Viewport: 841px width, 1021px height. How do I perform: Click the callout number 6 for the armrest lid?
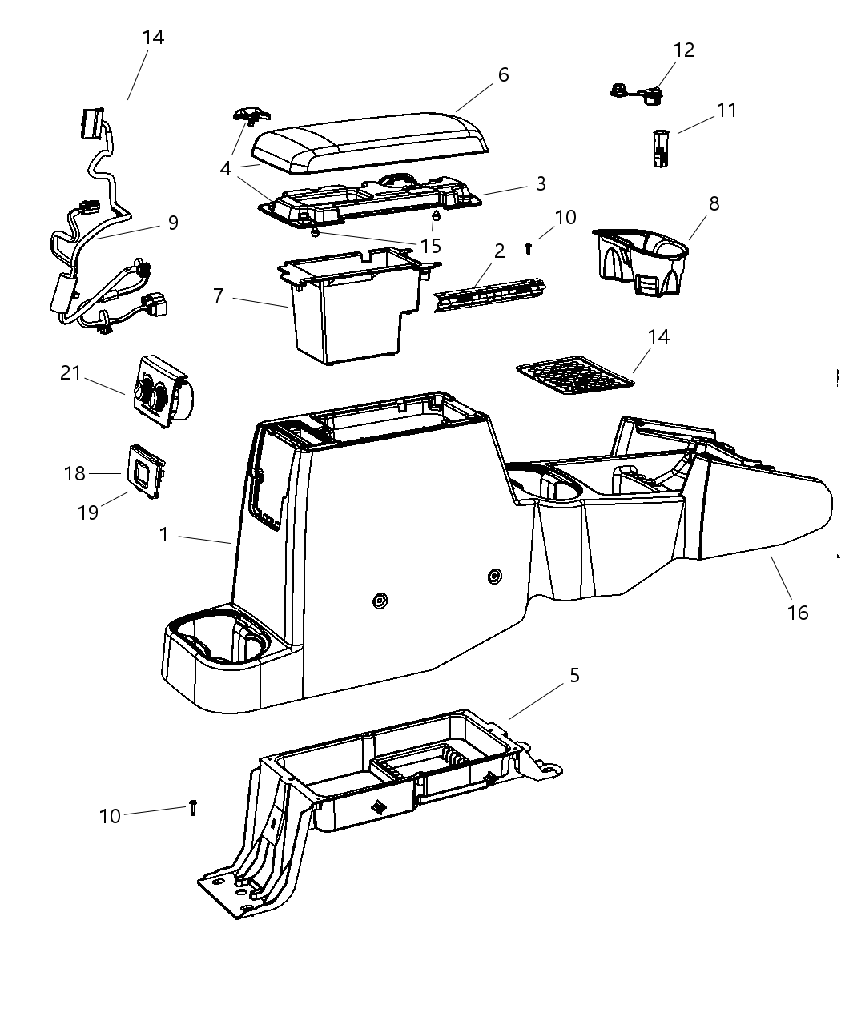tap(503, 75)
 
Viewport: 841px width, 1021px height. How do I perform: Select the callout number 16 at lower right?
tap(798, 613)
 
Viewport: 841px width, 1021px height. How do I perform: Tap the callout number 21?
tap(70, 372)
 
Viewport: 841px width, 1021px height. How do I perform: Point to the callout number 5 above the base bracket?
tap(573, 675)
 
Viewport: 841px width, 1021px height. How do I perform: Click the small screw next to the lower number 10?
tap(193, 807)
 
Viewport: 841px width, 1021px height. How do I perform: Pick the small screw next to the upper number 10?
tap(529, 248)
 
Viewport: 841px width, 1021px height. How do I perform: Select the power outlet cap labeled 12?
tap(638, 94)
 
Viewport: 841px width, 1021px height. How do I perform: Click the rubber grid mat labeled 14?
tap(575, 376)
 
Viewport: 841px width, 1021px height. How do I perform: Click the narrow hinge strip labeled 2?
tap(489, 294)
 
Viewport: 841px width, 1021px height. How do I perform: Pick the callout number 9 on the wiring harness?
tap(173, 223)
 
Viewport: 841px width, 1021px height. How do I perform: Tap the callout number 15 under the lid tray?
tap(430, 246)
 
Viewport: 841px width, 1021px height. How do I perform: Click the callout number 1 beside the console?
tap(164, 534)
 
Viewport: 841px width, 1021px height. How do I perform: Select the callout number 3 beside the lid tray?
tap(541, 183)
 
